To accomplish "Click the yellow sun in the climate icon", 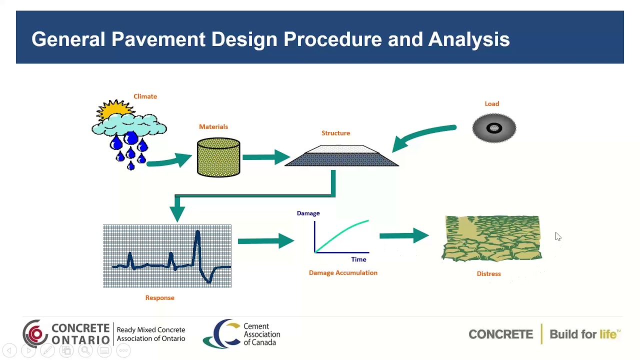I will [x=115, y=109].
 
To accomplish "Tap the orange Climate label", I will [x=145, y=96].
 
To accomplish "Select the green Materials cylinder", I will [x=218, y=158].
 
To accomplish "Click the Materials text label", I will [x=213, y=127].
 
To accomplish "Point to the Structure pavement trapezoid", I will [x=341, y=156].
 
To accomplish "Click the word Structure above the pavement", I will [x=335, y=133].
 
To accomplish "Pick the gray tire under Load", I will [x=494, y=128].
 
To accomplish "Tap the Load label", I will [x=491, y=104].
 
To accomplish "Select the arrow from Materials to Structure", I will [x=265, y=157].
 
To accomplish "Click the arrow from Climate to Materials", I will [x=170, y=161].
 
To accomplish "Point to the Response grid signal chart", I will [x=167, y=256].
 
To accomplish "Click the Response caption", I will [x=159, y=298].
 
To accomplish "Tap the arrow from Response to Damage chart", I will [x=265, y=241].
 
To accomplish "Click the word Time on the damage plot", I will [x=358, y=259].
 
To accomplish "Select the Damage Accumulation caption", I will [x=343, y=273].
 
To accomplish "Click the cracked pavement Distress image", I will [x=491, y=238].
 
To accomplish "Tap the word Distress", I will [x=488, y=274].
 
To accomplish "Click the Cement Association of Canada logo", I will [x=241, y=334].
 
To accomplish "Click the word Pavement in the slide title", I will [x=158, y=39].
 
